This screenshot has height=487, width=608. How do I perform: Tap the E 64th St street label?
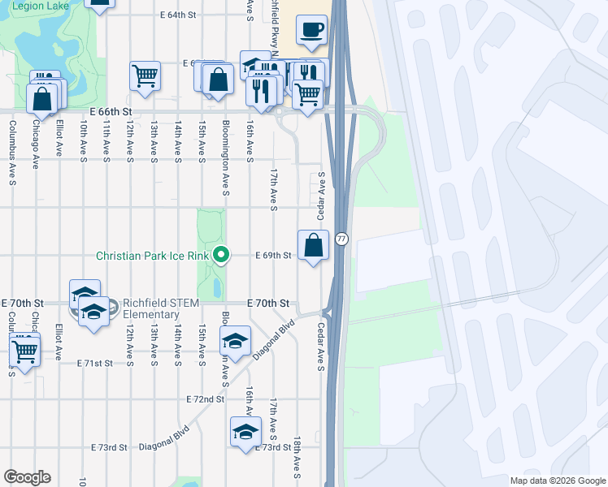pos(179,15)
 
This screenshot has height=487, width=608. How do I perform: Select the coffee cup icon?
pos(313,31)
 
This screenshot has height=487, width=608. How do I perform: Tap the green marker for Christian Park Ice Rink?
pos(220,256)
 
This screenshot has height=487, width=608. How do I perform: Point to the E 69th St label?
pos(273,256)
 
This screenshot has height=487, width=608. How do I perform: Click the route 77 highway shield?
pos(342,239)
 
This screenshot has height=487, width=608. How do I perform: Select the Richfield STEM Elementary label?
pos(151,309)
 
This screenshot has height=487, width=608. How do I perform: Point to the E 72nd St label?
pos(204,399)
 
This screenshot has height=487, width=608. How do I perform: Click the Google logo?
pos(27,477)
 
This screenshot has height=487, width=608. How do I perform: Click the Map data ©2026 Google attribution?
pos(558,481)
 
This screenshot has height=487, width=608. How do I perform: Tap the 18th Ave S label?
pos(298,461)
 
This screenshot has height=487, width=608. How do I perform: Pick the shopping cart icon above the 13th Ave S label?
pos(145,76)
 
